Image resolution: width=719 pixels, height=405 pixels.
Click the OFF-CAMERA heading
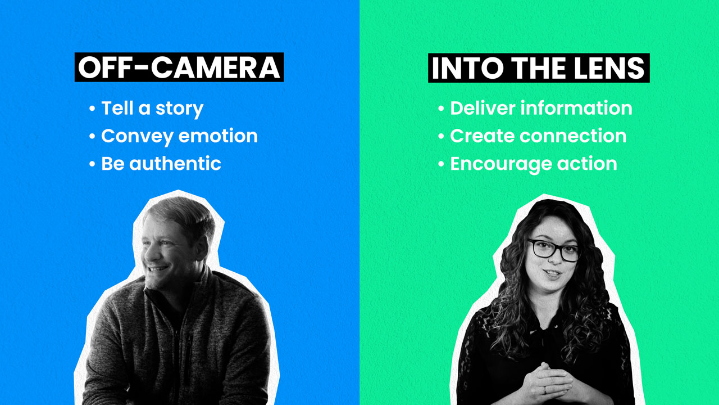coord(179,67)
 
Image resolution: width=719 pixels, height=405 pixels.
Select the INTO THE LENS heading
coord(538,68)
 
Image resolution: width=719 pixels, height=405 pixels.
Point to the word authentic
coord(175,164)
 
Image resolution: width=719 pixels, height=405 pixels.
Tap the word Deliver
coord(483,108)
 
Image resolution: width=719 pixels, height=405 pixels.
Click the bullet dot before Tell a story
coord(92,109)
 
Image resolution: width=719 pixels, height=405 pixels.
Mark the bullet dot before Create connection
coord(442,136)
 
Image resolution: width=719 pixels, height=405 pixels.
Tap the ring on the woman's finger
coord(544,389)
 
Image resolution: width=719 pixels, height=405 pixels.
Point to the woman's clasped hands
coord(548,382)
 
